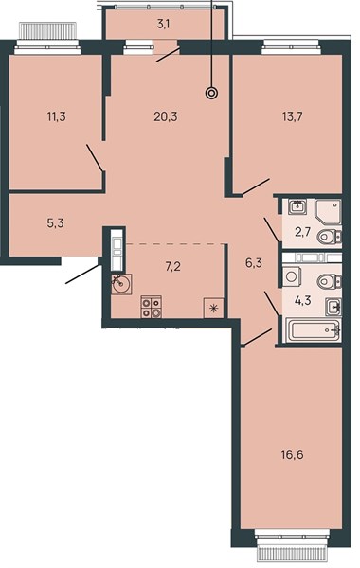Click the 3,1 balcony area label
pyautogui.click(x=164, y=25)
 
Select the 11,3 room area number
pyautogui.click(x=57, y=117)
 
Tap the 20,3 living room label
pyautogui.click(x=166, y=117)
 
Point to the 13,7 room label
pyautogui.click(x=292, y=117)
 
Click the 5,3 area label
pyautogui.click(x=56, y=223)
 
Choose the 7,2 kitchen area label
pyautogui.click(x=173, y=267)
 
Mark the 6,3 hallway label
pyautogui.click(x=254, y=263)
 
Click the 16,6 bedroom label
pyautogui.click(x=292, y=454)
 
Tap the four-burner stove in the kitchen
pyautogui.click(x=152, y=307)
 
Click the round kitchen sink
pyautogui.click(x=121, y=284)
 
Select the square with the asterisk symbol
pyautogui.click(x=213, y=309)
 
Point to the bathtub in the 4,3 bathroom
pyautogui.click(x=314, y=330)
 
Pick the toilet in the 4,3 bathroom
pyautogui.click(x=329, y=281)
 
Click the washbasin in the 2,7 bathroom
pyautogui.click(x=298, y=206)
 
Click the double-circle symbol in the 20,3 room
pyautogui.click(x=211, y=94)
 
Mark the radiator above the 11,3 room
pyautogui.click(x=47, y=30)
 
